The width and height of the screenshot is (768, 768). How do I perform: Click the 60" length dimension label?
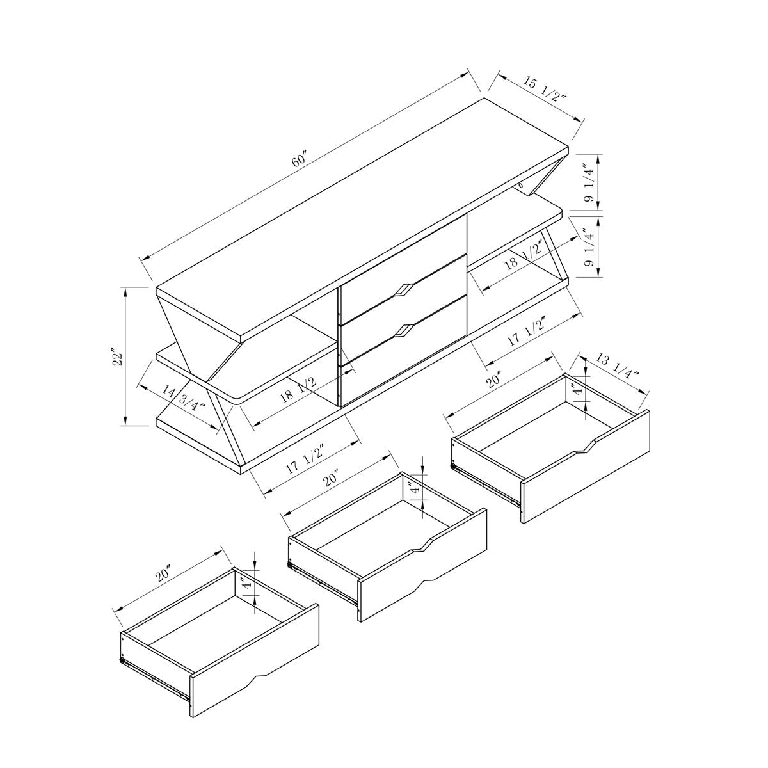[300, 160]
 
